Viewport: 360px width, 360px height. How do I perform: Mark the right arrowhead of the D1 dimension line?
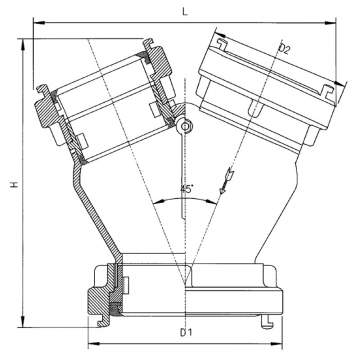click(267, 336)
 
